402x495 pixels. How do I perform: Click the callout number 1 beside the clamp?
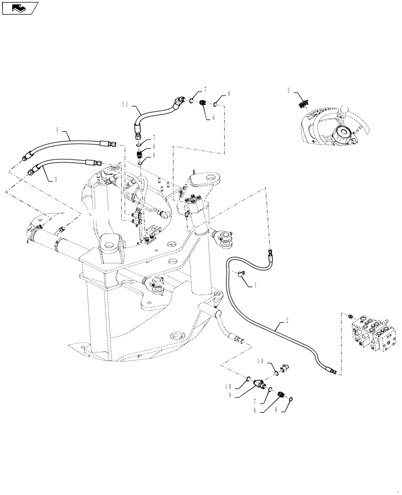(255, 286)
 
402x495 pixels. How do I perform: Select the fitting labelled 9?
(260, 385)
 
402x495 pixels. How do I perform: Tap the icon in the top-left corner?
(20, 7)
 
